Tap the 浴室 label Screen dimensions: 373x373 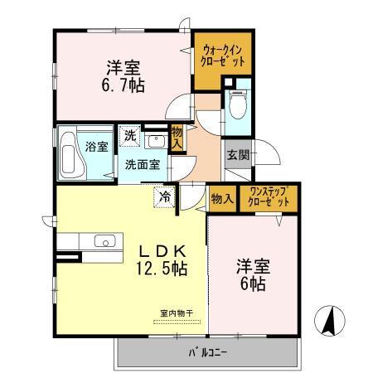pos(96,147)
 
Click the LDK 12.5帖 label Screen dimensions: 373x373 pos(162,260)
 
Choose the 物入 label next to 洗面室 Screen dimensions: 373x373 pos(177,138)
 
